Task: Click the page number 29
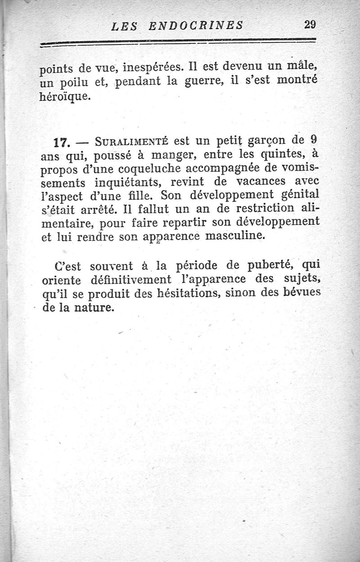point(310,25)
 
